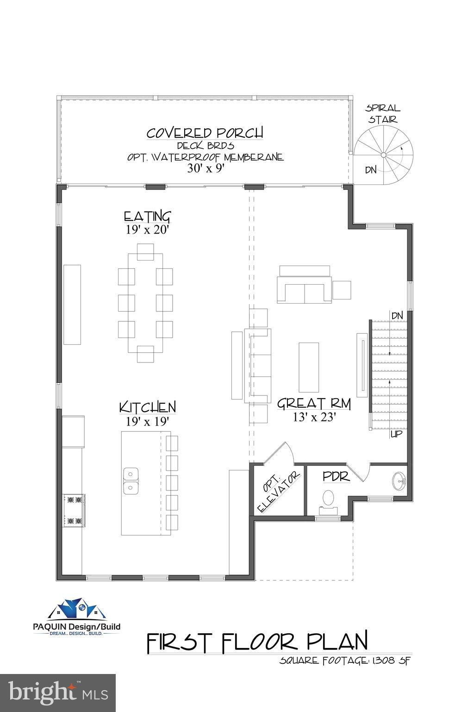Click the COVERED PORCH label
click(x=205, y=133)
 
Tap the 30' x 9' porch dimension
click(x=206, y=168)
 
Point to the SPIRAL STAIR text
click(x=382, y=114)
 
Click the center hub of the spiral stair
click(x=384, y=155)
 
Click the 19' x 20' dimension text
click(x=147, y=229)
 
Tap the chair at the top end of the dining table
click(x=145, y=252)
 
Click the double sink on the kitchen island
click(x=131, y=481)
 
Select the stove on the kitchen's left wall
click(x=74, y=510)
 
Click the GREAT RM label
click(x=314, y=403)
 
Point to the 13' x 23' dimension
click(x=314, y=417)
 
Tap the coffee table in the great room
click(x=309, y=368)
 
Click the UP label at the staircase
click(x=396, y=434)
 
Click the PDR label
click(x=336, y=477)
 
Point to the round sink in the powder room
click(x=400, y=481)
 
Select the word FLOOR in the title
click(x=259, y=642)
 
